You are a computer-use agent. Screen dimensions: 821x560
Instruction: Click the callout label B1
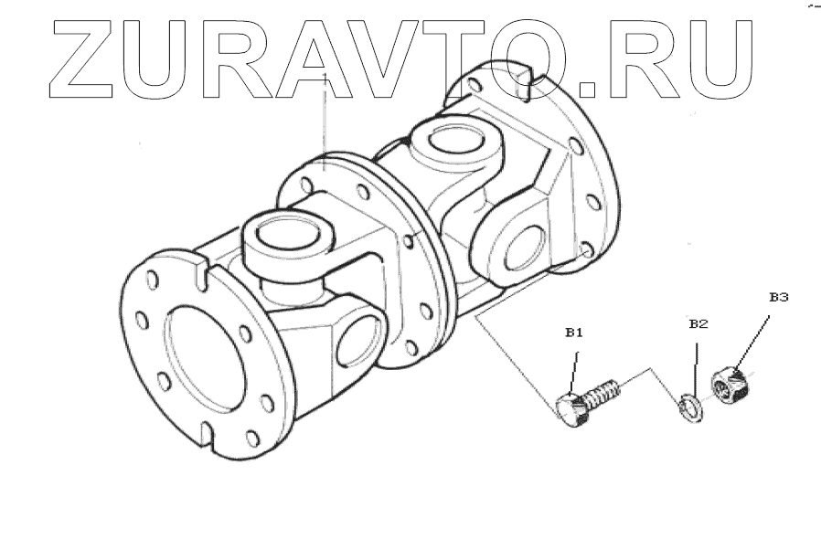[573, 334]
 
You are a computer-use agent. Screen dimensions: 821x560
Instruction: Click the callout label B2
[698, 323]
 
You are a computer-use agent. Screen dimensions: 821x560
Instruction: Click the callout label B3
[778, 297]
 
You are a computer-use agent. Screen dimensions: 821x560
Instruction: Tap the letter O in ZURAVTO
[531, 59]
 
